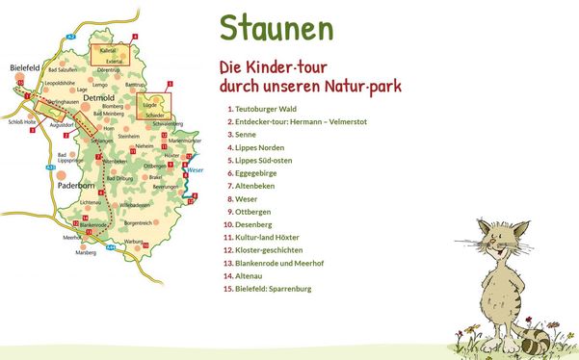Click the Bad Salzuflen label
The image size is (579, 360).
pos(62,69)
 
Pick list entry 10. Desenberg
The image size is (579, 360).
pos(257,223)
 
